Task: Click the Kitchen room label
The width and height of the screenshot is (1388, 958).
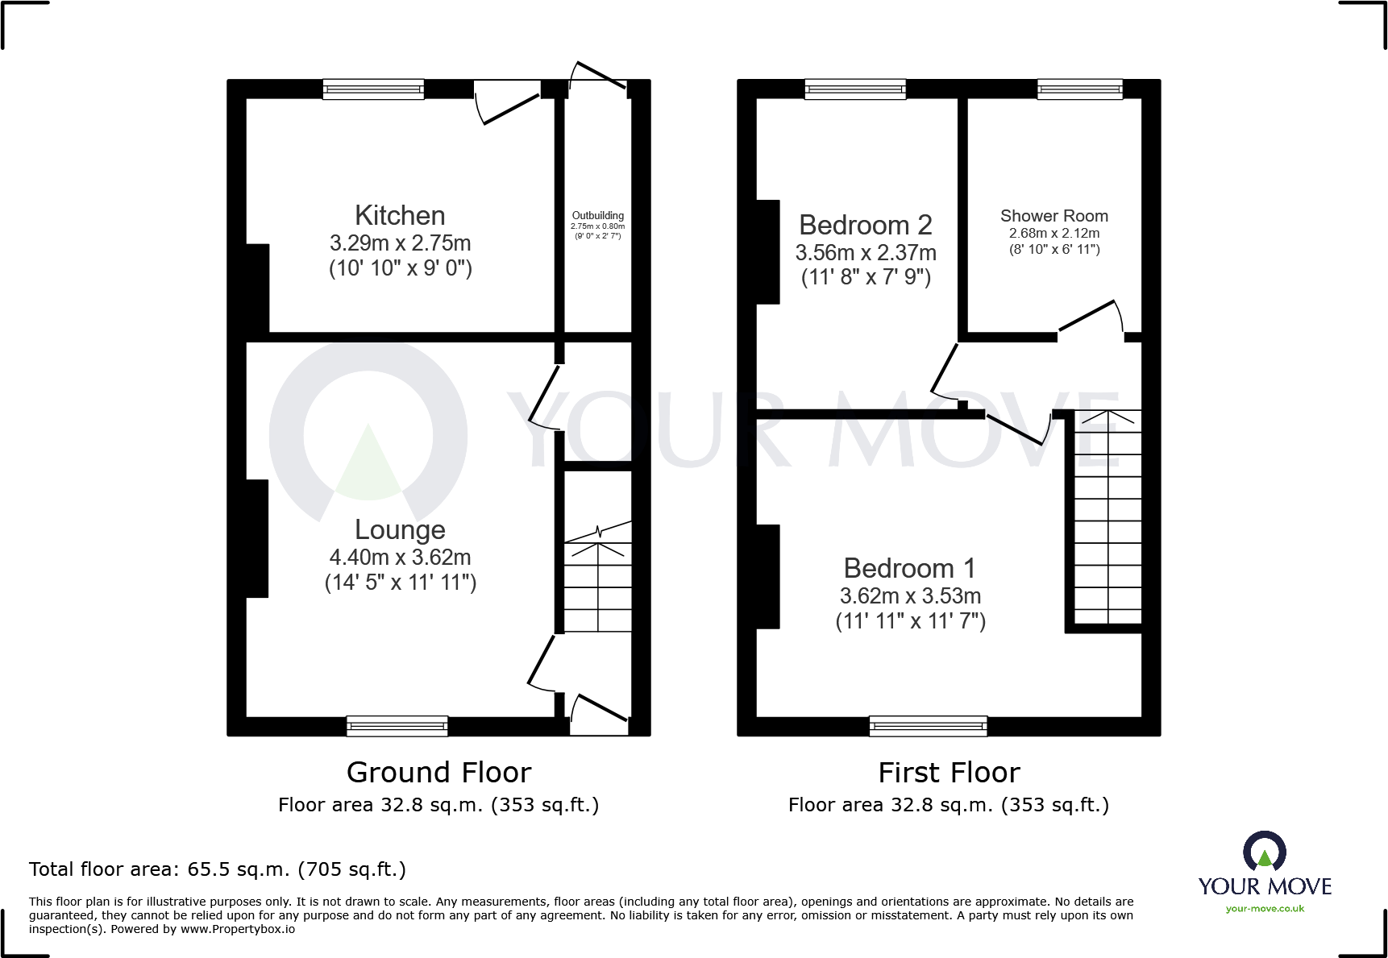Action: [x=400, y=216]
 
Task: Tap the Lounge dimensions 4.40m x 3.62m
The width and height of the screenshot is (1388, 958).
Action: [x=400, y=557]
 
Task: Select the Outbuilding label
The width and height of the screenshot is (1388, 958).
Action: [x=597, y=216]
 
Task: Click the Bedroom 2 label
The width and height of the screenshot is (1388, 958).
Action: [x=865, y=225]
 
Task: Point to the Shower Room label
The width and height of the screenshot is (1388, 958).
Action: [x=1053, y=216]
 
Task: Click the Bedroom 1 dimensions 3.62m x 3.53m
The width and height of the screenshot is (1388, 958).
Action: [x=910, y=596]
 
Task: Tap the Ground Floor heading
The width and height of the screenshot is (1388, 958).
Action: [x=438, y=772]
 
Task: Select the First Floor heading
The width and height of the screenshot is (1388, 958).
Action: [x=949, y=772]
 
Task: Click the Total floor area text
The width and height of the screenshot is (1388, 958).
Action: [x=217, y=869]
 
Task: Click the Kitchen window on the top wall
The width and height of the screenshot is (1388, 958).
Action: [x=373, y=89]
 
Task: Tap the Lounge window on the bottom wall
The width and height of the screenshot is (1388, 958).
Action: [x=397, y=726]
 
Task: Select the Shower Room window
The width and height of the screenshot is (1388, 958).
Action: [x=1079, y=89]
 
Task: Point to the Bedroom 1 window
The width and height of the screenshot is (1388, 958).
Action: [x=928, y=726]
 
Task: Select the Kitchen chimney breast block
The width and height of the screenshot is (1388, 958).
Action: [x=257, y=288]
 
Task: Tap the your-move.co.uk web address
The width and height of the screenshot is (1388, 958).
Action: [x=1264, y=909]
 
